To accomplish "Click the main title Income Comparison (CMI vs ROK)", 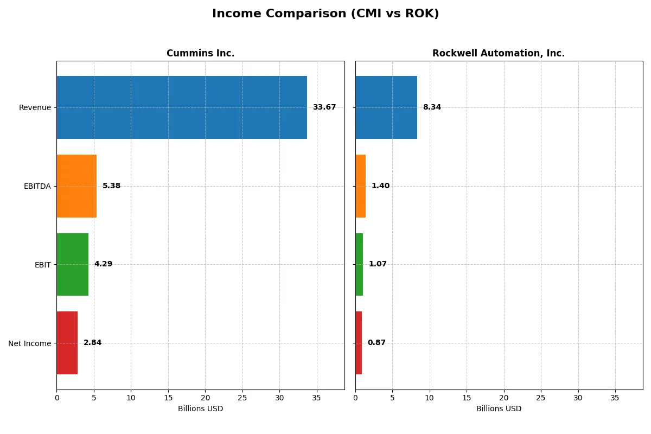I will [325, 14].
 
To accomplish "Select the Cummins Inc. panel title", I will [200, 54].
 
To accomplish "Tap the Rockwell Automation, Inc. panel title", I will [499, 54].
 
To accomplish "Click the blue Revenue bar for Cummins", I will [182, 107].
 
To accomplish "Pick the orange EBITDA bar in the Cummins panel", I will [76, 186].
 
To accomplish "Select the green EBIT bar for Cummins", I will [72, 264].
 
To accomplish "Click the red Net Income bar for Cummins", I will [67, 343].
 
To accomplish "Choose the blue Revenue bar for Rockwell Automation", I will [386, 107].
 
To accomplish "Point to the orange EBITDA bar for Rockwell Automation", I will [361, 186].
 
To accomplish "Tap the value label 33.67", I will [324, 107].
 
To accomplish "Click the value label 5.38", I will [112, 186].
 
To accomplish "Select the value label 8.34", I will [432, 107].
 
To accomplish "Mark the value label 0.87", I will [376, 343].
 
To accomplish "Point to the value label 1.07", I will [378, 264].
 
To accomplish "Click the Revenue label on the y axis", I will [35, 107].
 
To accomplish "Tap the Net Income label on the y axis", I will [30, 343].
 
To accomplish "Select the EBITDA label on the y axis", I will [37, 186].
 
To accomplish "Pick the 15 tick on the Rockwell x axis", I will [467, 398].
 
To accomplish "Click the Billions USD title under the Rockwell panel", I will [499, 409].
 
